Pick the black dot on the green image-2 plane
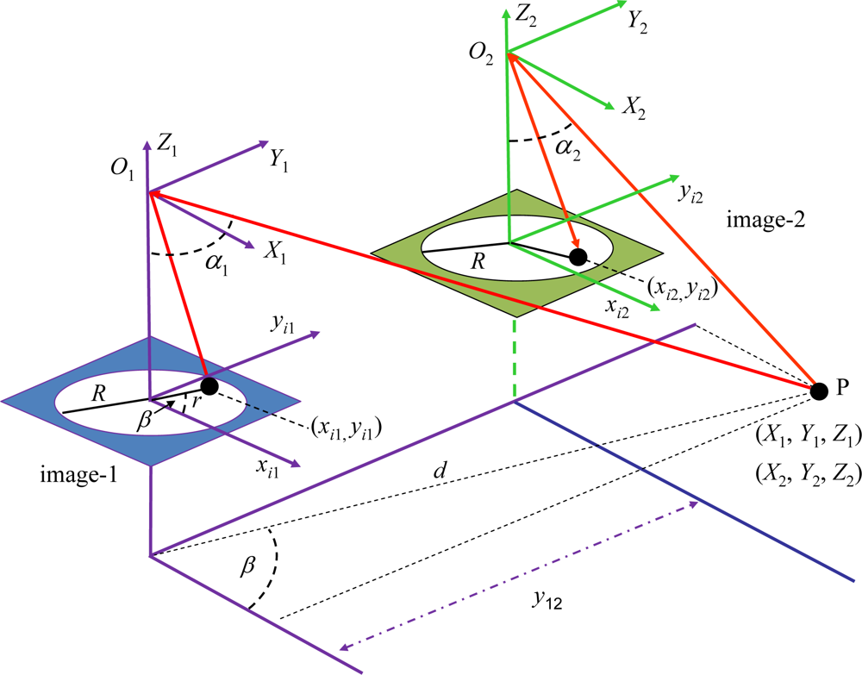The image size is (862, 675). coord(578,256)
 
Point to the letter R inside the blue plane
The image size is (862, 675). coord(99,394)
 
